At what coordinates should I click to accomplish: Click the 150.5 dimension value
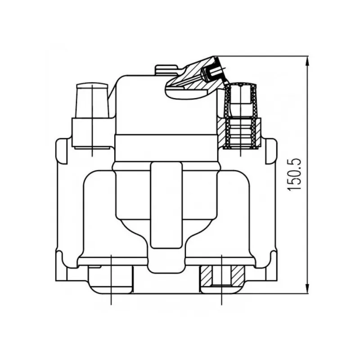(294, 175)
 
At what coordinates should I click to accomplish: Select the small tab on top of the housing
(166, 70)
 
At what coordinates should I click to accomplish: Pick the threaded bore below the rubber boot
(241, 133)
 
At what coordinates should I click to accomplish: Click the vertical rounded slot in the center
(166, 205)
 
